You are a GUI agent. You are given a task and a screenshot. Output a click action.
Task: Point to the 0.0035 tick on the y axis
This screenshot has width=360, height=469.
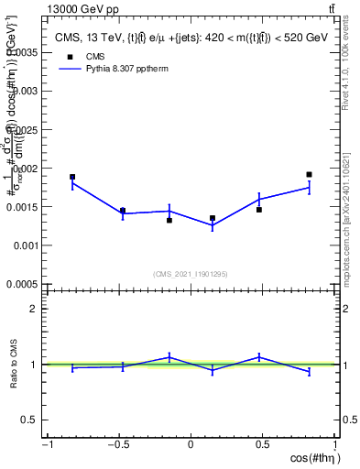26,53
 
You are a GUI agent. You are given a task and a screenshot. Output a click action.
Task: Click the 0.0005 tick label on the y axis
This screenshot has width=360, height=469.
26,285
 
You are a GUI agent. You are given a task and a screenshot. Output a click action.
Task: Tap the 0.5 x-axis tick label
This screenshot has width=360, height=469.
263,445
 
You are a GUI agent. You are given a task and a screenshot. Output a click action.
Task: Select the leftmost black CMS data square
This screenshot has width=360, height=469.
72,177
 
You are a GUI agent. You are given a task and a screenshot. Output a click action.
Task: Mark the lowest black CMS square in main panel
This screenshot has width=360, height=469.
169,220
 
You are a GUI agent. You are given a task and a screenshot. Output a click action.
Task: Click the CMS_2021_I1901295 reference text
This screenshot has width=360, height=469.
191,274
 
